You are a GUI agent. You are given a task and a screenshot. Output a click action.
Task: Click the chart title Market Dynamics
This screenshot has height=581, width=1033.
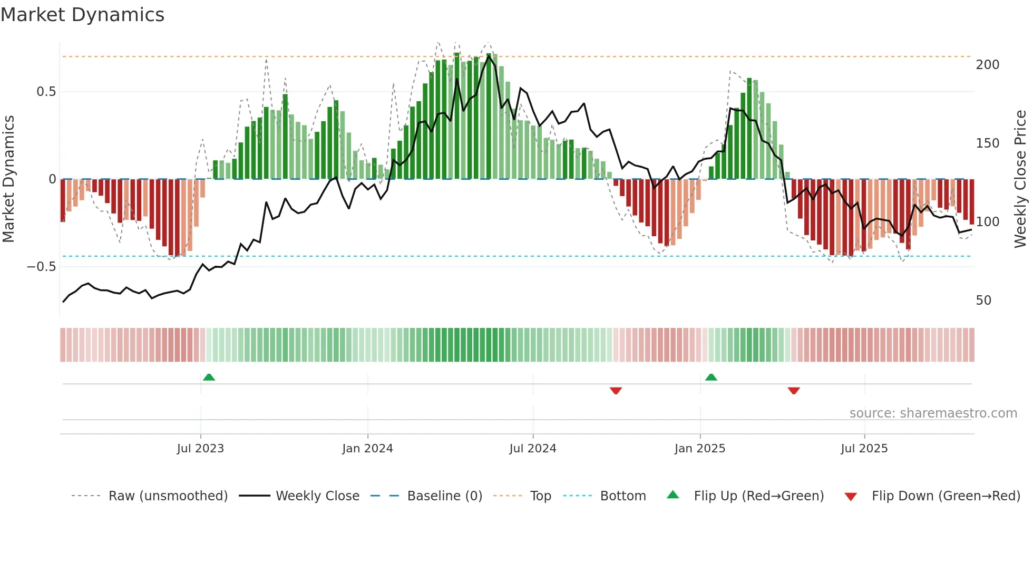click(x=82, y=15)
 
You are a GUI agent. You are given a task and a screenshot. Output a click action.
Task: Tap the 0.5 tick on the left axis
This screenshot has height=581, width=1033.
click(x=46, y=92)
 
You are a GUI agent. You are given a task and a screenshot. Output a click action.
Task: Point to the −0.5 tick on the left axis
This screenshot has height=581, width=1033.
click(x=41, y=267)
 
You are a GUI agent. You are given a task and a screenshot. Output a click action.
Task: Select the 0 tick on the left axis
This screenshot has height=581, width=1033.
click(x=52, y=179)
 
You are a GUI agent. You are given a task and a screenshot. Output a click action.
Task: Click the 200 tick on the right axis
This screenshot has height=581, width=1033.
click(x=987, y=65)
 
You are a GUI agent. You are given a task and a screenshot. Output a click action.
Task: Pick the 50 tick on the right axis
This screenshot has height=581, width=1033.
click(x=983, y=301)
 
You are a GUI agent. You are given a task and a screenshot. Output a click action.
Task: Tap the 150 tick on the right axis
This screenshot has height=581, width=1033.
click(x=987, y=143)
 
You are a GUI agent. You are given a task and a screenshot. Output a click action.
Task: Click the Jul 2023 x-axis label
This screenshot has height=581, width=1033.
click(x=200, y=449)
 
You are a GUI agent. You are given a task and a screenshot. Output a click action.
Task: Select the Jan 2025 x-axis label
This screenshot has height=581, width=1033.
click(x=699, y=449)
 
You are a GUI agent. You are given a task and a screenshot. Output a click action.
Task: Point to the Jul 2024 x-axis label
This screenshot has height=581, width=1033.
click(x=532, y=449)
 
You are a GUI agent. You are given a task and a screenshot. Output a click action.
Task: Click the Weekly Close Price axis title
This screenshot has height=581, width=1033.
click(x=1020, y=179)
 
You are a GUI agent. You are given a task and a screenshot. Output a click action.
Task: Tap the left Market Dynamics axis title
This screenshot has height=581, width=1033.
click(x=8, y=179)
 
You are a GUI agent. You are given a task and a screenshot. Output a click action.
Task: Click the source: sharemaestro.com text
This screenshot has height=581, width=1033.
click(x=933, y=413)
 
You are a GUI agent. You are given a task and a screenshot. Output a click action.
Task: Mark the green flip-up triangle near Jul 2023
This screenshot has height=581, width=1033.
click(x=209, y=377)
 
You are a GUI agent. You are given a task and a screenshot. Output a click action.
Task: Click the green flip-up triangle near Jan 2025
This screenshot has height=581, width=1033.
click(x=711, y=377)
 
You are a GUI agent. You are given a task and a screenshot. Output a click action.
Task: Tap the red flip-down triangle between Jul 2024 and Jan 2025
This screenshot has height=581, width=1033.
click(x=616, y=391)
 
